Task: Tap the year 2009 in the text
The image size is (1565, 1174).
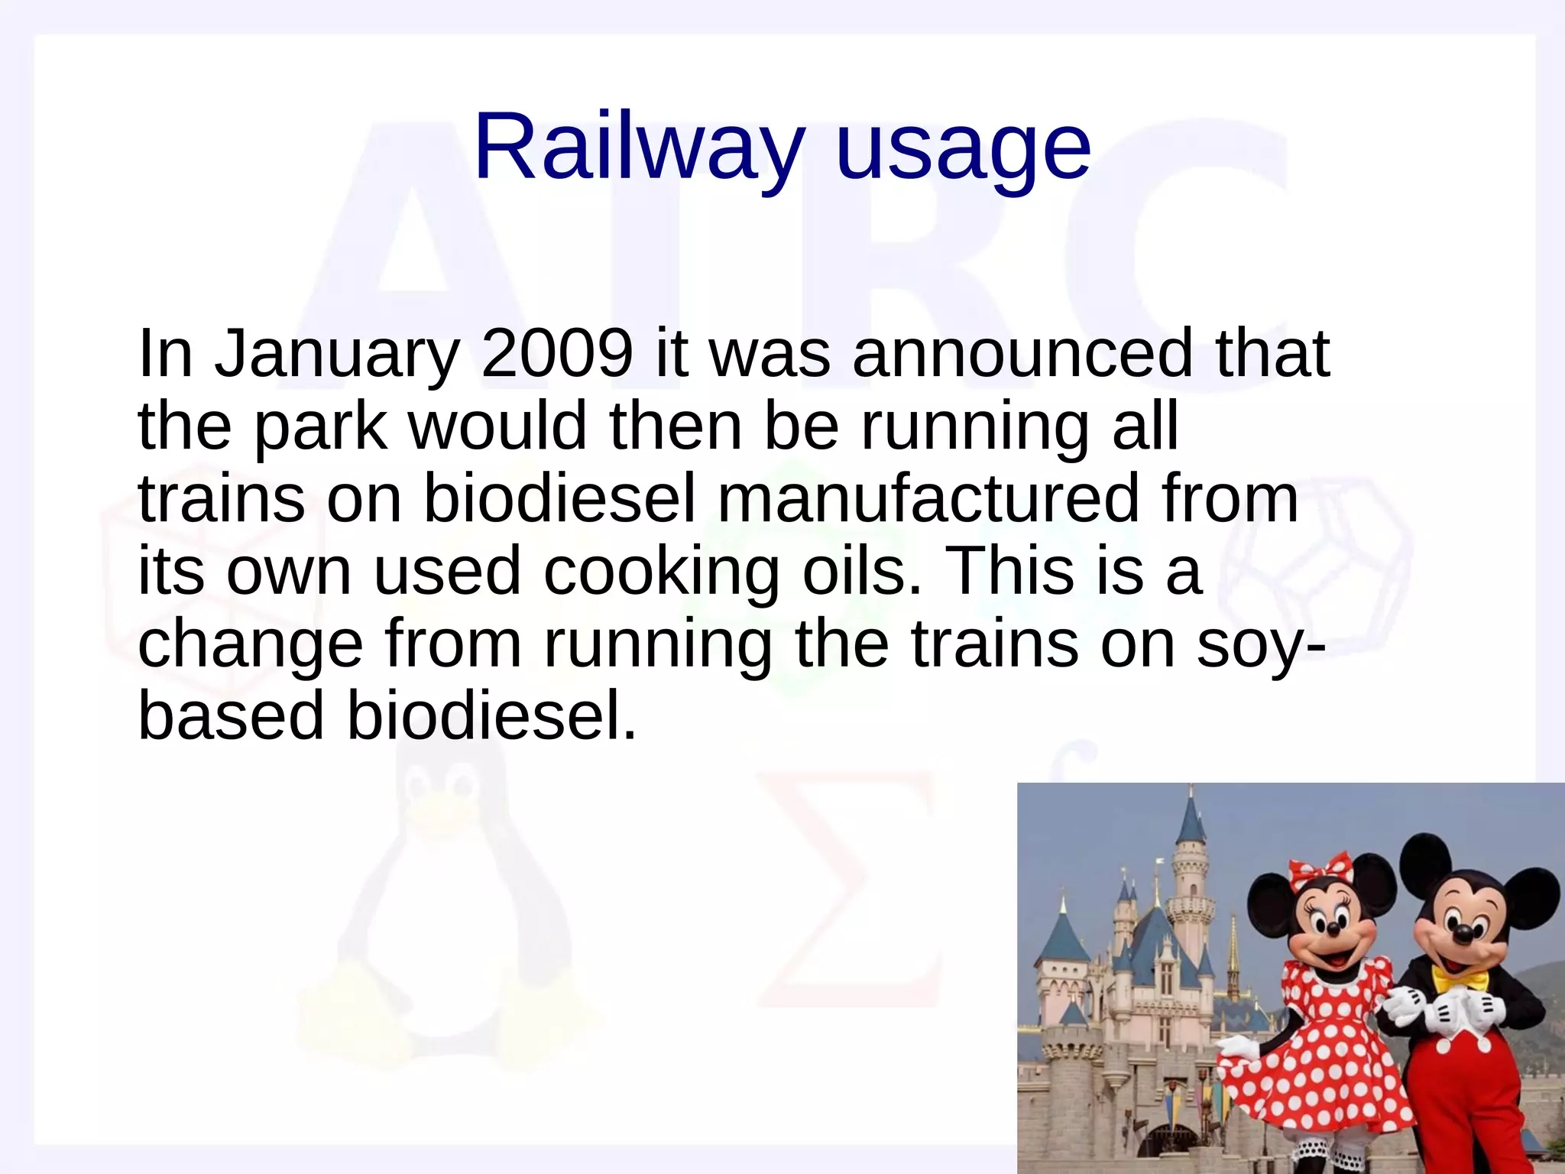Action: click(x=557, y=353)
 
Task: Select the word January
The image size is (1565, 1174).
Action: click(x=336, y=355)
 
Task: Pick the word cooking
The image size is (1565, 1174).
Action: click(x=661, y=572)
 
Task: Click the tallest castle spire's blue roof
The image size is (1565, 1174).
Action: click(x=1190, y=819)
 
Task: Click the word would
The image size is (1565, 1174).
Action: click(x=497, y=426)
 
